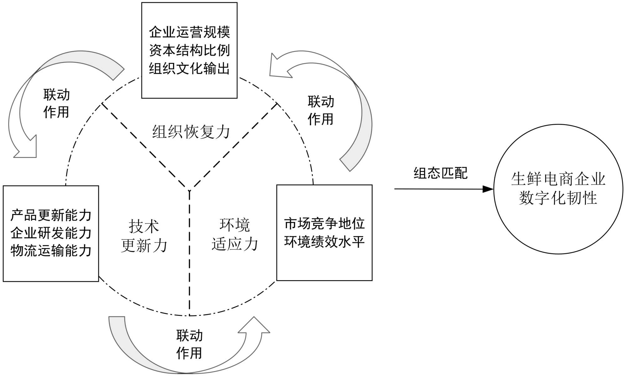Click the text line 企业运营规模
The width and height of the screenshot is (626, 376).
[189, 32]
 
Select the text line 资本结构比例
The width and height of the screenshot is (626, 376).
[189, 50]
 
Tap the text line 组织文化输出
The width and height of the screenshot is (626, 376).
[189, 69]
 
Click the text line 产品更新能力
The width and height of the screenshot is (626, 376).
[51, 215]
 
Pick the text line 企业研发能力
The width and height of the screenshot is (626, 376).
[51, 233]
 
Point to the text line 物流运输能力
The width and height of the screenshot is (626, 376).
[51, 251]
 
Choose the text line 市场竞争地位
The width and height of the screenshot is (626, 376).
[324, 224]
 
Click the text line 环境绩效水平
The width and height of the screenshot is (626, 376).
[324, 242]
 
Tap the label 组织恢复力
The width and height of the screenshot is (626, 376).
[191, 132]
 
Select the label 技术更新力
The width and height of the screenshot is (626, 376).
[144, 236]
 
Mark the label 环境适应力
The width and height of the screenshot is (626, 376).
[235, 235]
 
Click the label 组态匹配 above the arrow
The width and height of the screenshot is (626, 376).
[440, 173]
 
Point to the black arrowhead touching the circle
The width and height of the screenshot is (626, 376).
[488, 189]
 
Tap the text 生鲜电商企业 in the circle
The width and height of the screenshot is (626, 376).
[558, 179]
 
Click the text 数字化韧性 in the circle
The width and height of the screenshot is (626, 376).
[558, 198]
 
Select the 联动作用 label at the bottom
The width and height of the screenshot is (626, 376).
[189, 344]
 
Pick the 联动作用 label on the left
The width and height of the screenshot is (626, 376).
[56, 103]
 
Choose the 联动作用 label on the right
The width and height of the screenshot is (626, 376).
[321, 110]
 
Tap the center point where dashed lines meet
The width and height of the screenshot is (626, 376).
[189, 190]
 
